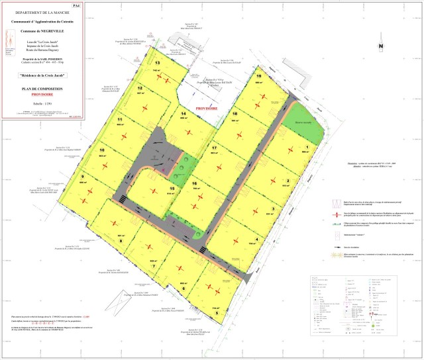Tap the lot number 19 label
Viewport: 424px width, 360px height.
click(x=259, y=77)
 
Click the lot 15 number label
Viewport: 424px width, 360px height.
click(x=172, y=189)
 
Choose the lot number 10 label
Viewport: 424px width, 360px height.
click(x=102, y=150)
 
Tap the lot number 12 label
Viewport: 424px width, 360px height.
click(x=140, y=88)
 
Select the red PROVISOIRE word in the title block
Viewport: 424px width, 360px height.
click(x=41, y=95)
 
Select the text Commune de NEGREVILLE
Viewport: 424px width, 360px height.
click(x=41, y=31)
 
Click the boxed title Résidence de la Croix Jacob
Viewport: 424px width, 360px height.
click(x=41, y=76)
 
